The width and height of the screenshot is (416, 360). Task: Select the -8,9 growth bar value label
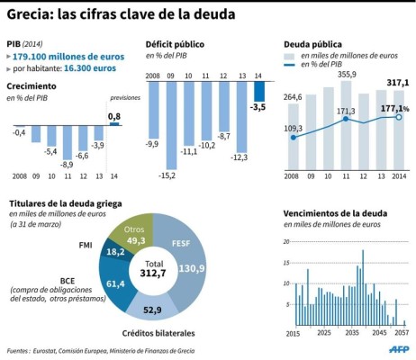66,164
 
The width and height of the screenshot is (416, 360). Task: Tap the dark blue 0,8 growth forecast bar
113,123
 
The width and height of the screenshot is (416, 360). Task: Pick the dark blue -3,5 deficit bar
259,92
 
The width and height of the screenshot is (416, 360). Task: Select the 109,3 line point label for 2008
294,129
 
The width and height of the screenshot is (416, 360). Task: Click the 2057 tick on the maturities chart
401,333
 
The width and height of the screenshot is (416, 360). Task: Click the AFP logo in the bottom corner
398,348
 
